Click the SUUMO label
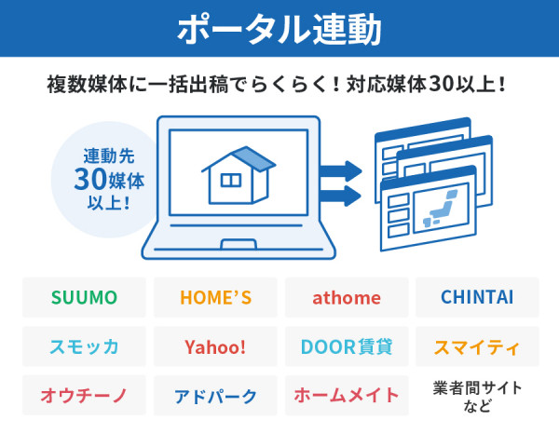coord(84,298)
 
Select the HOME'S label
coord(215,298)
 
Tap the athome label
coord(347,298)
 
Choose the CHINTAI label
coord(477,298)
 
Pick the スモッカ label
coord(84,347)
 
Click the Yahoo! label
coord(215,347)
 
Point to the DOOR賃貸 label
coord(347,347)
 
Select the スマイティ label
coord(477,347)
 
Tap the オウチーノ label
coord(84,396)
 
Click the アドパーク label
coord(215,396)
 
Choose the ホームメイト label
coord(347,396)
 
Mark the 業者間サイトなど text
coord(477,397)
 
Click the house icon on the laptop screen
coord(238,174)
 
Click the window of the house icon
coord(230,180)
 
